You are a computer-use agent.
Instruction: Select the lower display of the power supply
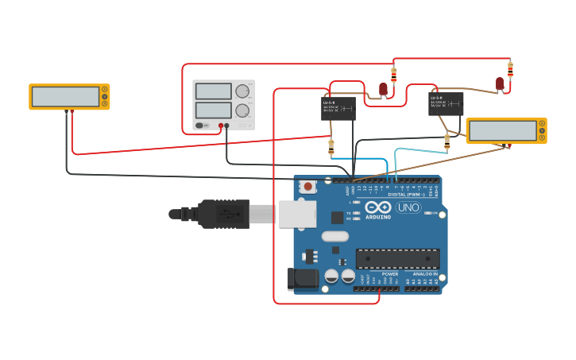point(213,110)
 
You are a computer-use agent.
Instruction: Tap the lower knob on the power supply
point(242,110)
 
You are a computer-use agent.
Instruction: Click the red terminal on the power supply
point(221,126)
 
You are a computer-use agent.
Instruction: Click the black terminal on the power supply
point(227,126)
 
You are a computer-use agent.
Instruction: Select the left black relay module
point(338,108)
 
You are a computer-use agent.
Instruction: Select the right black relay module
point(446,103)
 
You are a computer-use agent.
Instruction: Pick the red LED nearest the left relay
point(383,88)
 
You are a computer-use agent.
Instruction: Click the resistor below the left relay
point(331,147)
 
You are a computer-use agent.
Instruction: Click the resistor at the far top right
point(510,69)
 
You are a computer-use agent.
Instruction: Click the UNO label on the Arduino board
point(408,207)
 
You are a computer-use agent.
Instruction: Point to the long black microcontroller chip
point(397,258)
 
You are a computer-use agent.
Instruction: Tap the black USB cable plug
point(222,214)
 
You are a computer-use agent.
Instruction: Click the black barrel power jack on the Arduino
point(302,278)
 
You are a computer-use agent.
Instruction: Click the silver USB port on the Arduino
point(297,214)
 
